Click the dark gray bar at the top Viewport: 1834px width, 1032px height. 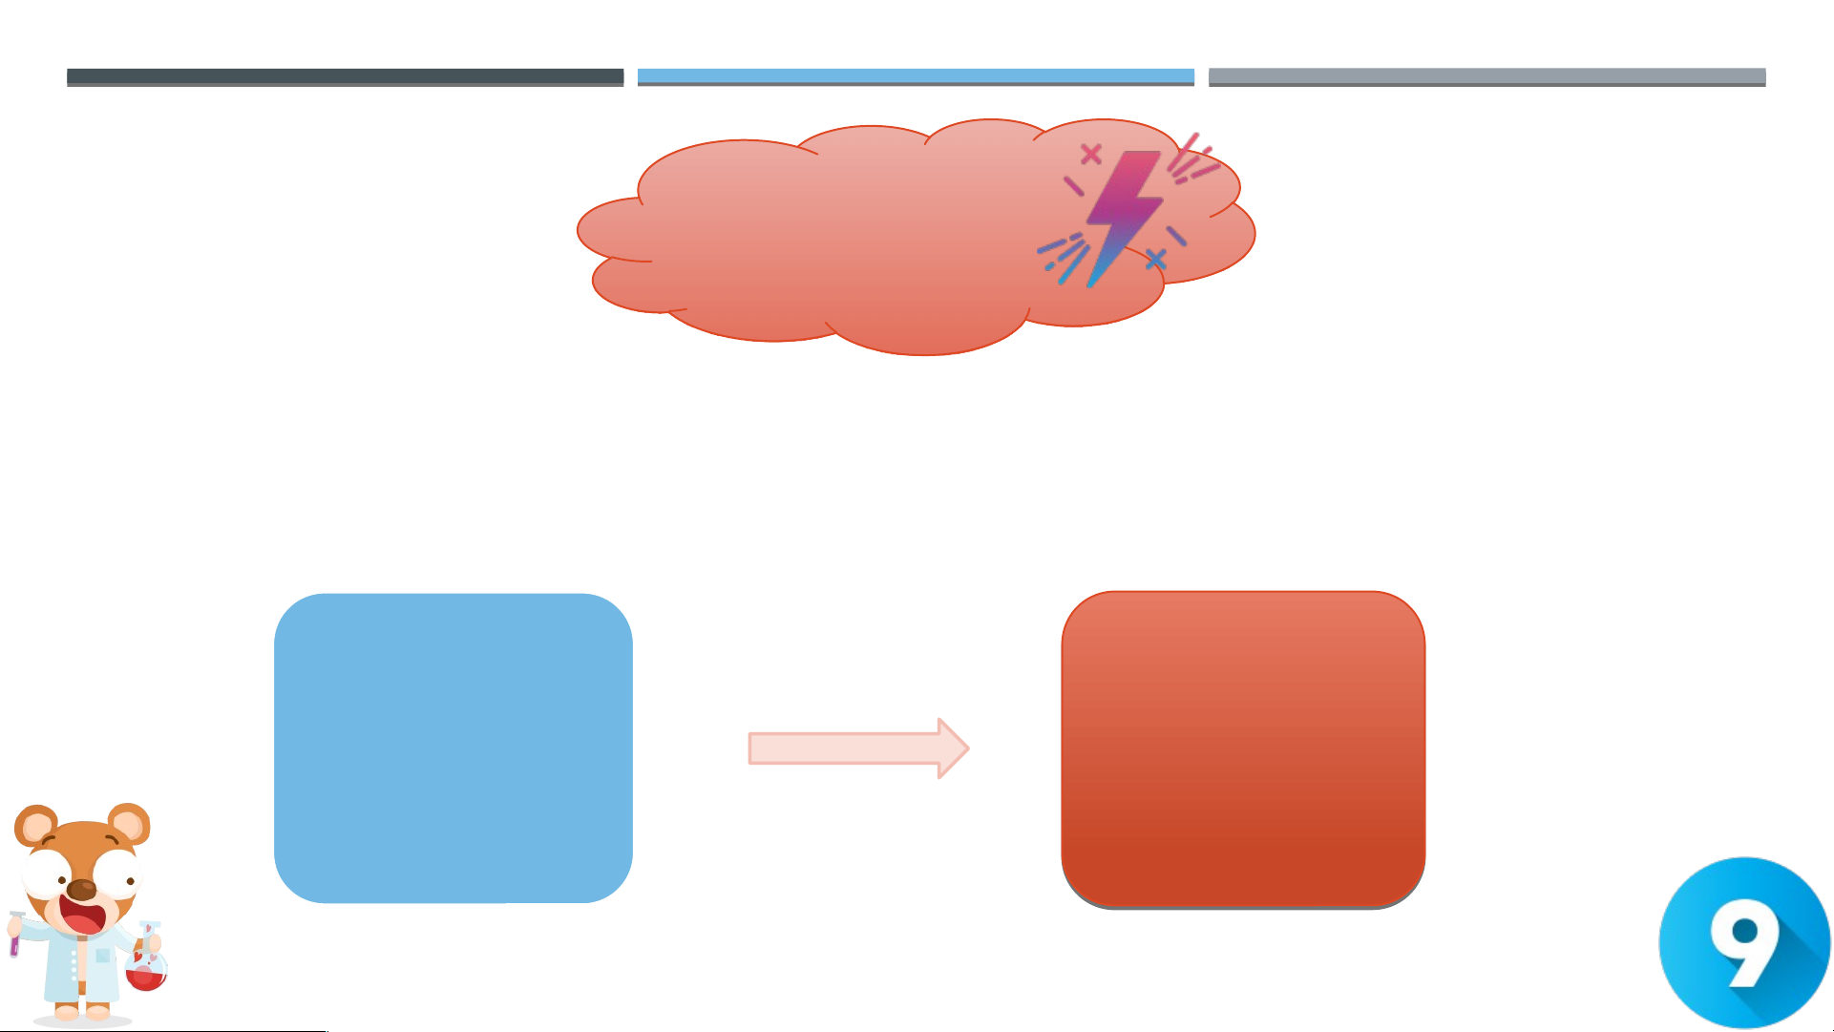[345, 77]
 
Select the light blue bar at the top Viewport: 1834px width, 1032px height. [916, 77]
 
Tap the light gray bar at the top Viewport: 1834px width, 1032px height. [1486, 77]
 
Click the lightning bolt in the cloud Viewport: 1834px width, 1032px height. [1125, 218]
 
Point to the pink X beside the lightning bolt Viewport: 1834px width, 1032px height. [1091, 154]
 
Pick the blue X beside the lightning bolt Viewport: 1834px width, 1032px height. [1155, 259]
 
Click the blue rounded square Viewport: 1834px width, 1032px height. [453, 748]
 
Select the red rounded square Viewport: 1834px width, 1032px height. [1243, 749]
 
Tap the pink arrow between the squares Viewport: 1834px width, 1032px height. [858, 748]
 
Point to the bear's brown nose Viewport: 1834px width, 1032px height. [82, 890]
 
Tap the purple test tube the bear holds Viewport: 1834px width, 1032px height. [15, 934]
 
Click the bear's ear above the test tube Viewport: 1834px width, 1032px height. [35, 826]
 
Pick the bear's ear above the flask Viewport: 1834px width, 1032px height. [129, 823]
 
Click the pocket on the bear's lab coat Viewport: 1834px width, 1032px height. [103, 956]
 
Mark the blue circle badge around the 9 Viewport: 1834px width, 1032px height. [1745, 942]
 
